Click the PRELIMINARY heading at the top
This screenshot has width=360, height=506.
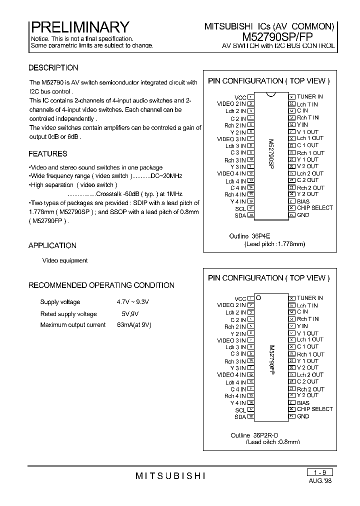(x=80, y=26)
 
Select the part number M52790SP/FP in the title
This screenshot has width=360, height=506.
(x=288, y=36)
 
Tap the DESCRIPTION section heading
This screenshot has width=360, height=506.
(x=53, y=68)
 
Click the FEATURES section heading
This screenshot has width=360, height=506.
(x=47, y=154)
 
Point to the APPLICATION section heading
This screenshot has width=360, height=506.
(x=52, y=245)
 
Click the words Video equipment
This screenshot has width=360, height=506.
(x=65, y=260)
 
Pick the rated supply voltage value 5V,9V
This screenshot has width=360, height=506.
(x=130, y=314)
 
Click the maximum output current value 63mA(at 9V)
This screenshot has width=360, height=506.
(x=134, y=325)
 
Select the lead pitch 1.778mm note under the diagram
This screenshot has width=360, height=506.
(x=274, y=244)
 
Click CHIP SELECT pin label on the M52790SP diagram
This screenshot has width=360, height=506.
(x=314, y=208)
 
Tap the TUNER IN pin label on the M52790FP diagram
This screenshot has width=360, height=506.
(x=310, y=298)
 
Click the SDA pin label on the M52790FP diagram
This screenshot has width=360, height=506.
(x=240, y=416)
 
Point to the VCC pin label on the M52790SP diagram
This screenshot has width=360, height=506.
(x=240, y=97)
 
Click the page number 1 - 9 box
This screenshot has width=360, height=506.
(x=319, y=472)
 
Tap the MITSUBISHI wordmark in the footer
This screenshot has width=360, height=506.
(x=170, y=476)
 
